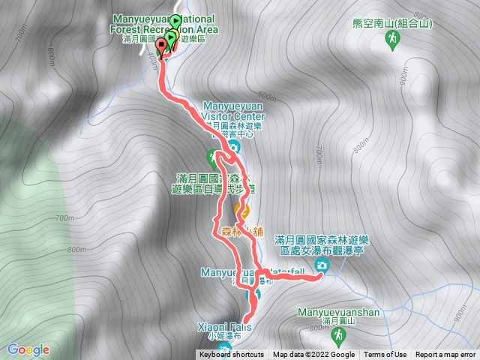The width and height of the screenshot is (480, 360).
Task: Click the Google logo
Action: (28, 349)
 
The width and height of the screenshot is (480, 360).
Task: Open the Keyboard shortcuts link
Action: (232, 355)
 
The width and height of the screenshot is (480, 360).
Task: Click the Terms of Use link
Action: (385, 355)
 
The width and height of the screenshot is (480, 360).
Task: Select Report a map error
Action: (445, 355)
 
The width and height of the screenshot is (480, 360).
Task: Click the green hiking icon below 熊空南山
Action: (391, 37)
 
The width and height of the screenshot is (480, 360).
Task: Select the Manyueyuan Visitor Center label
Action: (232, 112)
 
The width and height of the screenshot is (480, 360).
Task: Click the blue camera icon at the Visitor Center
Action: (233, 146)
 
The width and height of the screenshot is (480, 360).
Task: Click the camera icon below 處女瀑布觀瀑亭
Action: (322, 266)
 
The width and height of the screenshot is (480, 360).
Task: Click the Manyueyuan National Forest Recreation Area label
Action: (165, 23)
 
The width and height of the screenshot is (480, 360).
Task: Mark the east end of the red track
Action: (322, 276)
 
